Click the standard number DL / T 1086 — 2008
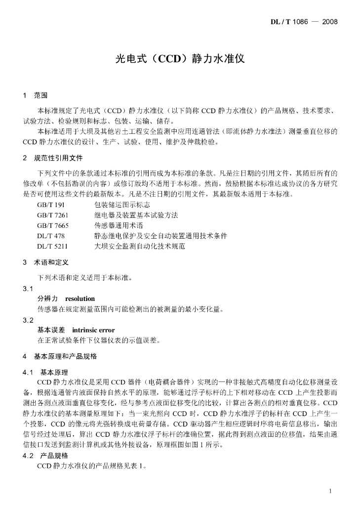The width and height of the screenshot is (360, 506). click(x=304, y=22)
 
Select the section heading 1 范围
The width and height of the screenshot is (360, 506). click(x=35, y=95)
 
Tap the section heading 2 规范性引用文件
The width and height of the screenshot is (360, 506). click(x=53, y=159)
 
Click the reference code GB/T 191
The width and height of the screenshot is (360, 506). click(x=51, y=204)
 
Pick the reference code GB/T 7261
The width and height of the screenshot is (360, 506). click(x=52, y=215)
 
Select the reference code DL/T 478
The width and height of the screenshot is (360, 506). click(x=51, y=236)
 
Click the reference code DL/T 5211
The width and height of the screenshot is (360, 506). click(x=52, y=246)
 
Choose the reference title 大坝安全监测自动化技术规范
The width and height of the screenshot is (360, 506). click(x=139, y=246)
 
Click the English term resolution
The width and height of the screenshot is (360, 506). click(x=80, y=299)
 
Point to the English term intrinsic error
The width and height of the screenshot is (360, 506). click(x=93, y=330)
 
